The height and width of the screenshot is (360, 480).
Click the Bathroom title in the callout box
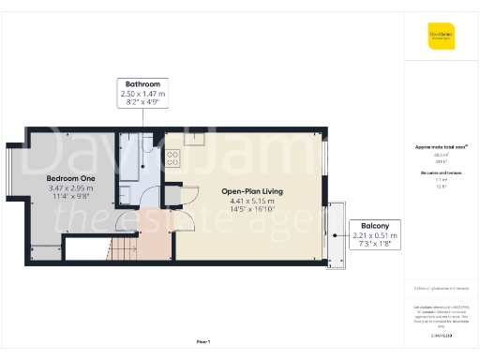pos(142,84)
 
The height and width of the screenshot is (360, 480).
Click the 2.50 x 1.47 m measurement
pos(142,94)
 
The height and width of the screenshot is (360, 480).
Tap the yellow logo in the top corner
pos(441,38)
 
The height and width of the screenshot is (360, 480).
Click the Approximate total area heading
pos(441,147)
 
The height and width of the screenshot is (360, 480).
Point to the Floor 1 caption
pos(203,342)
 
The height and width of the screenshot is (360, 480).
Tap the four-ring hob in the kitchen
pos(172,158)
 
